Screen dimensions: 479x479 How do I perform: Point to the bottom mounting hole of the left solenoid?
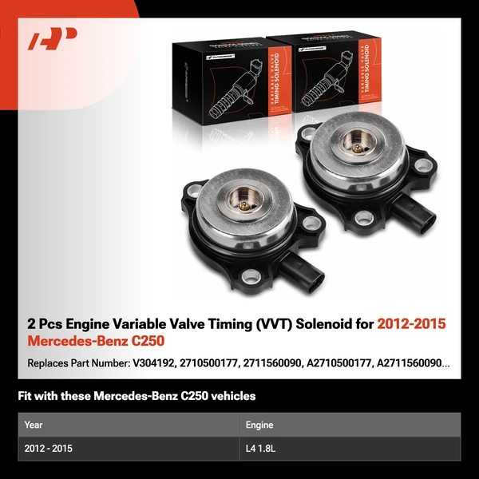pyautogui.click(x=255, y=276)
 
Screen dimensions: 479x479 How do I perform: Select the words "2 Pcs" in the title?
pyautogui.click(x=45, y=324)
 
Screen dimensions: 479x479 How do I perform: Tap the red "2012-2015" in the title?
pyautogui.click(x=411, y=324)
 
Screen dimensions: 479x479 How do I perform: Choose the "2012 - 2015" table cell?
pyautogui.click(x=48, y=449)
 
